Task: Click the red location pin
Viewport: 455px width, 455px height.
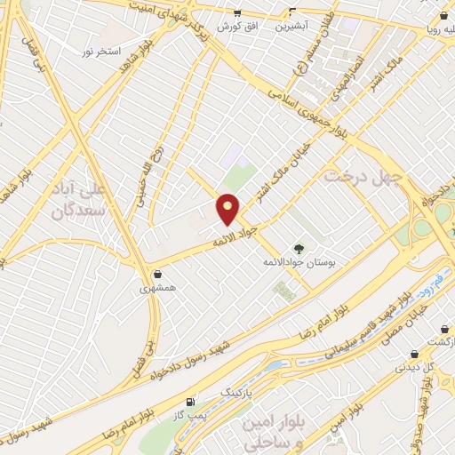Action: pos(228,209)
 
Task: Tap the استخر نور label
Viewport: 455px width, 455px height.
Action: pos(100,52)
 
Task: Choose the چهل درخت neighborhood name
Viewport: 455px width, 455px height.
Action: pos(363,177)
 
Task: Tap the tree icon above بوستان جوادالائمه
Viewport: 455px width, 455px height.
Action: pos(299,250)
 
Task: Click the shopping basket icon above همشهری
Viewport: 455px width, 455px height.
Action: pos(157,275)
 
